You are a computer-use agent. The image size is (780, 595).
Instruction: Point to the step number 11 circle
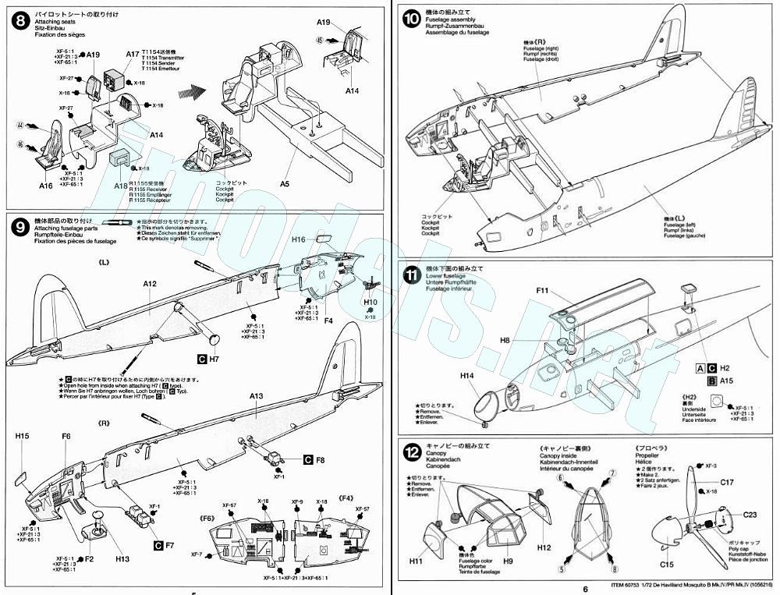tap(411, 275)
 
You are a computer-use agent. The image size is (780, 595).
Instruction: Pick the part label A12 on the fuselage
tap(150, 285)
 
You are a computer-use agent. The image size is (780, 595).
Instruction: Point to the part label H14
tap(467, 376)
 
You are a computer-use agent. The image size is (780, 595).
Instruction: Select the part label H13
tap(122, 558)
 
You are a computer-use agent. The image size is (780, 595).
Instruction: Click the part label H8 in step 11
tap(505, 340)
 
